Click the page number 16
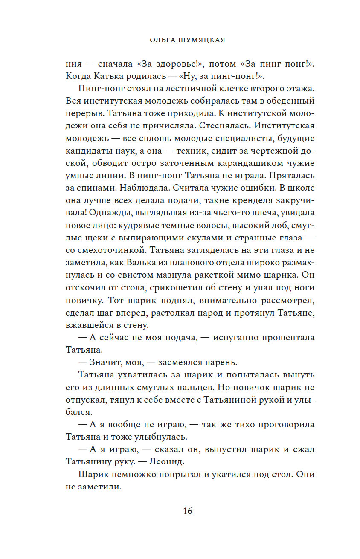click(188, 510)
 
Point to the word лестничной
click(185, 89)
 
